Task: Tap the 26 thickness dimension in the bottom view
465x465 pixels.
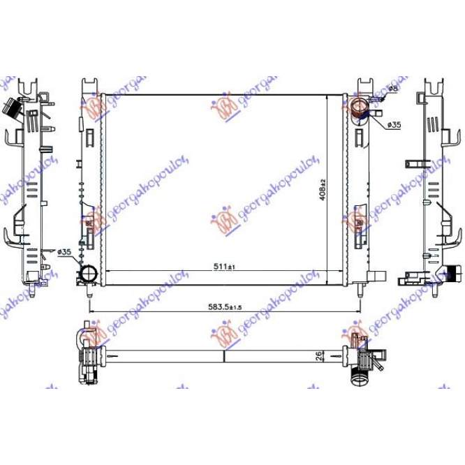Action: point(318,355)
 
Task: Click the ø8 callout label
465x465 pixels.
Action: point(393,89)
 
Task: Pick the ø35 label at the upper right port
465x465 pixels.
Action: point(394,125)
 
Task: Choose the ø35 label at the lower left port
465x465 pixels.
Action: point(64,251)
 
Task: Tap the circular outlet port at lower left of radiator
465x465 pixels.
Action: point(88,274)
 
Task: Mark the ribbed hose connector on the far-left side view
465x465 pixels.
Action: point(13,108)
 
